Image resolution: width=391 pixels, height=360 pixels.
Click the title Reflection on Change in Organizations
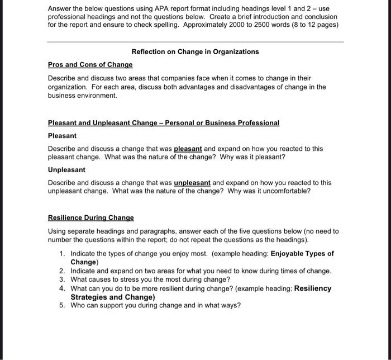tap(195, 51)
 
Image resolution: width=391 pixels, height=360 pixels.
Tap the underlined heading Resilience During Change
tap(91, 217)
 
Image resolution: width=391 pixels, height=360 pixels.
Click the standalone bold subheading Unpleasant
tap(66, 169)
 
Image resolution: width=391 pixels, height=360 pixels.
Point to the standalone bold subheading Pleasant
tap(62, 136)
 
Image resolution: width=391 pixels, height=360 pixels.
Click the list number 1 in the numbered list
tap(61, 254)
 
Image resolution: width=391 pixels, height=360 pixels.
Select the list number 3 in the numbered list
tap(61, 280)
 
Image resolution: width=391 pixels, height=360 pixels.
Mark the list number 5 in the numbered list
tap(61, 305)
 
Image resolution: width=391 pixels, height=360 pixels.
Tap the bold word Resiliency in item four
tap(313, 288)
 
